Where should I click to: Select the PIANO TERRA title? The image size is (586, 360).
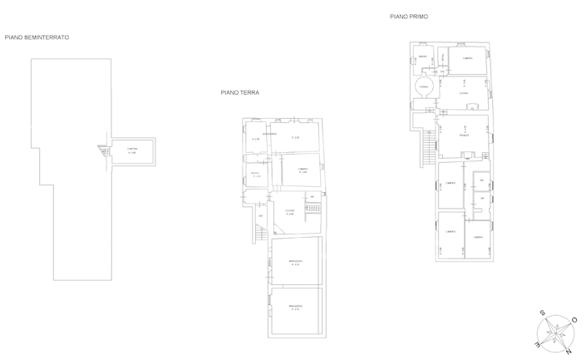tap(239, 93)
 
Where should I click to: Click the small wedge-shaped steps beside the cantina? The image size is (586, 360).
tap(103, 150)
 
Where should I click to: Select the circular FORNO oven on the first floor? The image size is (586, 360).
tap(422, 86)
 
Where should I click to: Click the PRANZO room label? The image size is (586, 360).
tap(465, 135)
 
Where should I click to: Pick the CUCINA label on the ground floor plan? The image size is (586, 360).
tap(290, 211)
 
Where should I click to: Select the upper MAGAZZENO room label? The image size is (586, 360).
tap(294, 262)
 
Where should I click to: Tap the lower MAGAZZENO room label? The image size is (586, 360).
tap(294, 307)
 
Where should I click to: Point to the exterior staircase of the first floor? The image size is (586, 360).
tap(428, 150)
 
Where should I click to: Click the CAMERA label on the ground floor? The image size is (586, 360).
tap(303, 169)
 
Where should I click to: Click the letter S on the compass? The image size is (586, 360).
tap(543, 313)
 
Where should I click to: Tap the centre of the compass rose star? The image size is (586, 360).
tap(556, 331)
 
